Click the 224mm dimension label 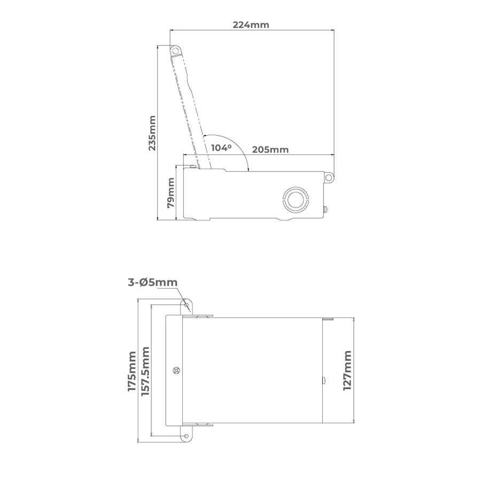pyautogui.click(x=251, y=25)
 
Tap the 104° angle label pyautogui.click(x=222, y=147)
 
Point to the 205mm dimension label pyautogui.click(x=270, y=150)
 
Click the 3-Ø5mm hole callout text pyautogui.click(x=152, y=283)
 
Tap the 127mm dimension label pyautogui.click(x=347, y=371)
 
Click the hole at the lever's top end pyautogui.click(x=175, y=50)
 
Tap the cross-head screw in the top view pyautogui.click(x=177, y=370)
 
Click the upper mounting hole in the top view pyautogui.click(x=187, y=305)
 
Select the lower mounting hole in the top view pyautogui.click(x=186, y=436)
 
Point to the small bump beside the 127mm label pyautogui.click(x=323, y=381)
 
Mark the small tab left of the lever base pyautogui.click(x=191, y=167)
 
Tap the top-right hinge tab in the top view pyautogui.click(x=328, y=319)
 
